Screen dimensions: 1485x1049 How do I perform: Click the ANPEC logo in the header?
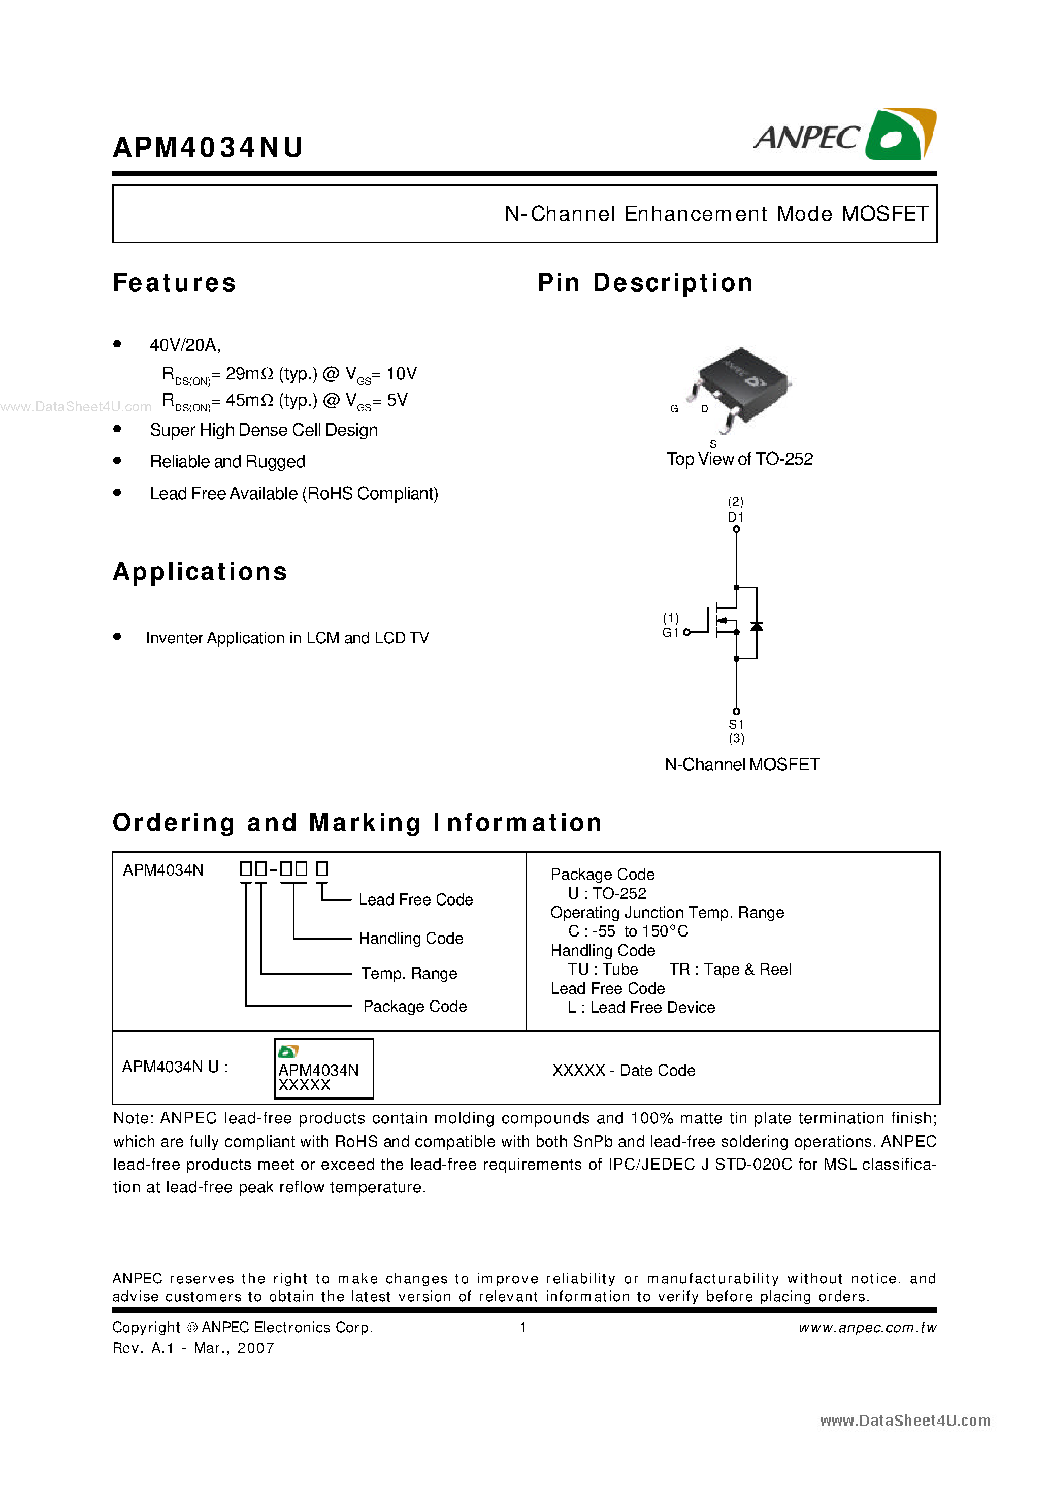pyautogui.click(x=844, y=135)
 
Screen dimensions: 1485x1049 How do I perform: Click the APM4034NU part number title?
pyautogui.click(x=208, y=147)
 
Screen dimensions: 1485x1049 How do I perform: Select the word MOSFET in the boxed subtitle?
pyautogui.click(x=884, y=214)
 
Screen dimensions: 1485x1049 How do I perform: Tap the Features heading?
pyautogui.click(x=175, y=283)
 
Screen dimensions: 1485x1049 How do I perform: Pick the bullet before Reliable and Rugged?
pyautogui.click(x=117, y=461)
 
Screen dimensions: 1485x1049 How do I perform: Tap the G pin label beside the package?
pyautogui.click(x=674, y=409)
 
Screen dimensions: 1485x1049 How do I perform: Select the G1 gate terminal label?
pyautogui.click(x=670, y=633)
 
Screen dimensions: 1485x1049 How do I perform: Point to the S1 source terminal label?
pyautogui.click(x=736, y=724)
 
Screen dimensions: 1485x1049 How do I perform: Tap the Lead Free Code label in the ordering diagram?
pyautogui.click(x=415, y=899)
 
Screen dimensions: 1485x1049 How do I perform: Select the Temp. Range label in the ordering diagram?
pyautogui.click(x=409, y=974)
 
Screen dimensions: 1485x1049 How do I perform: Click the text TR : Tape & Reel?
pyautogui.click(x=730, y=970)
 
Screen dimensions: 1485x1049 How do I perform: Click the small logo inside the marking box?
pyautogui.click(x=288, y=1052)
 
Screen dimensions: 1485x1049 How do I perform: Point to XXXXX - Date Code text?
pyautogui.click(x=624, y=1071)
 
